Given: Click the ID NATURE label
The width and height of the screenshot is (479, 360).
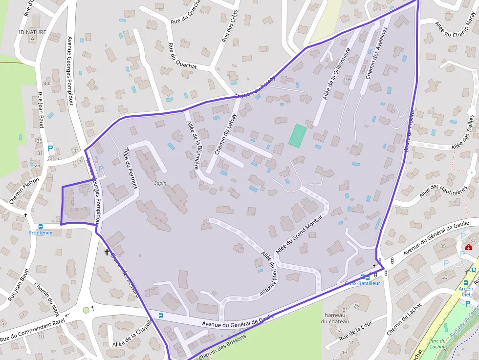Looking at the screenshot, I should (x=32, y=32).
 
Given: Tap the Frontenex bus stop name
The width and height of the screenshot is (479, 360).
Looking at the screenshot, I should (x=41, y=233).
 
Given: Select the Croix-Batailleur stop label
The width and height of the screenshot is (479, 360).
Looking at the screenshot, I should (x=362, y=283).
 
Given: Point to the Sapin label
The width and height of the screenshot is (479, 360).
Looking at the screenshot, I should (x=160, y=183).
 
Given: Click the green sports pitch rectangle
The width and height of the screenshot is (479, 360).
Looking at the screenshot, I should (x=297, y=135).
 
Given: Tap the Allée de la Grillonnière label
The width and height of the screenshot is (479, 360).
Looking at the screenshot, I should (x=336, y=74).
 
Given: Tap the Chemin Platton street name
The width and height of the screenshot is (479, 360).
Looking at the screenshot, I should (x=24, y=191).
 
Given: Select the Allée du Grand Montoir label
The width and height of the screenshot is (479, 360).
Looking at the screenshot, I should (x=300, y=234).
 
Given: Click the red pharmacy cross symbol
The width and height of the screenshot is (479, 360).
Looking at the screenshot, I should (x=469, y=248).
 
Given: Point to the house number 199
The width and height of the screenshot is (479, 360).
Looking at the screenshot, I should (x=348, y=79).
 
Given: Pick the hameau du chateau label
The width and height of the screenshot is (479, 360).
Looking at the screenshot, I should (x=335, y=318).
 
